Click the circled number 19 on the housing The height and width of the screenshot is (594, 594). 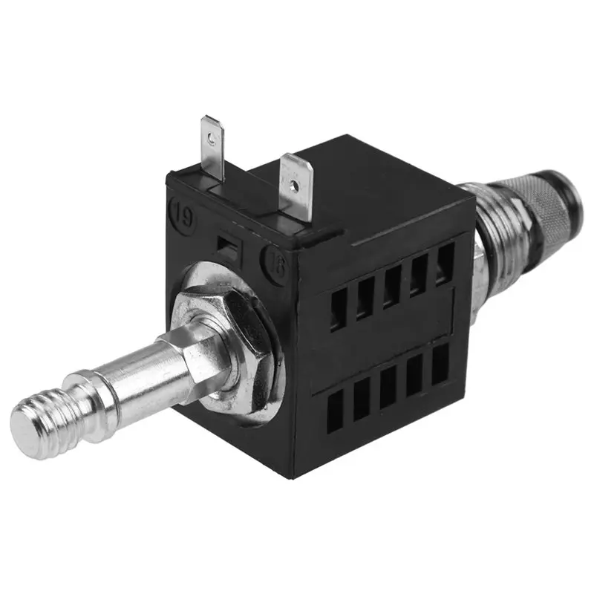coord(180,209)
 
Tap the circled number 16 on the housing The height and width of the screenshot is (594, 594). coord(275,265)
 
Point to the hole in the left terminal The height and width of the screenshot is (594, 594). coord(212,136)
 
